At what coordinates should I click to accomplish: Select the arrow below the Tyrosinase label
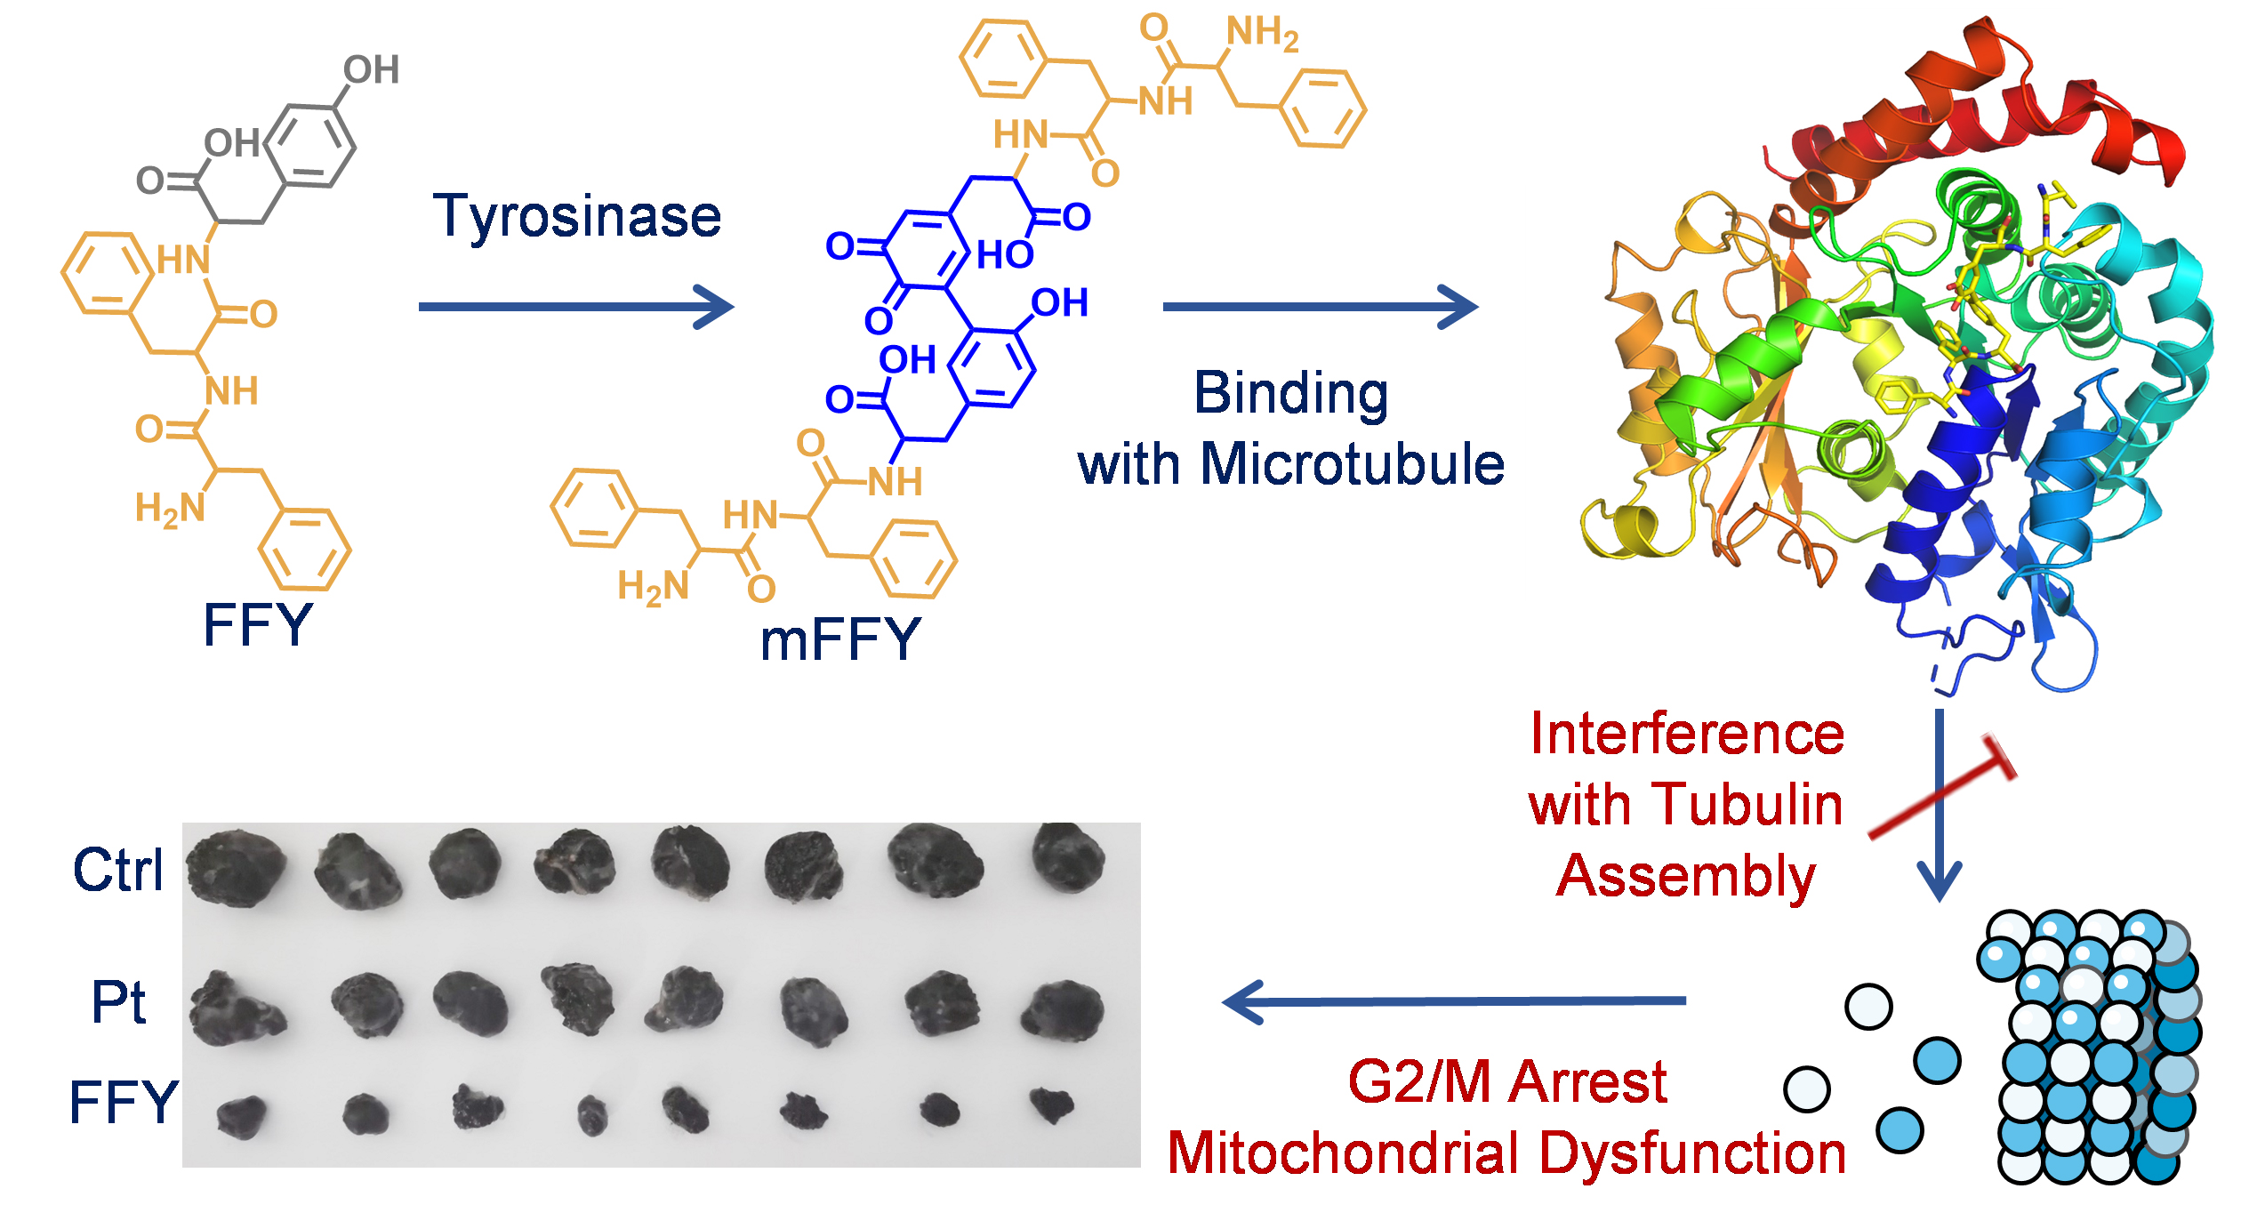[575, 307]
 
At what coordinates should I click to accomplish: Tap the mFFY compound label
[839, 639]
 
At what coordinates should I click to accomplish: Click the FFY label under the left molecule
[257, 624]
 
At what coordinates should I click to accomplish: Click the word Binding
[1290, 393]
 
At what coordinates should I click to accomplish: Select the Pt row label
[118, 1002]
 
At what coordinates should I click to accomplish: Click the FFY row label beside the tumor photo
[124, 1103]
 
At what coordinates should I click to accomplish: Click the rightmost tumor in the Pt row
[1063, 1009]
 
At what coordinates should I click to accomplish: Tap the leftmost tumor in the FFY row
[242, 1116]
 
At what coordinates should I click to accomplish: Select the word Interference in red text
[1687, 735]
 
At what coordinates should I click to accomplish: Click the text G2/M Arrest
[1506, 1082]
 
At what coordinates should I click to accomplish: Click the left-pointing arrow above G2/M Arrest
[1454, 1001]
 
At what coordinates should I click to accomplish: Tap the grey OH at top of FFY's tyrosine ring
[371, 70]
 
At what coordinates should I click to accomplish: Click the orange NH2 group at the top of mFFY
[1262, 33]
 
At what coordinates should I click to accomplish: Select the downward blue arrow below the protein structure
[1939, 805]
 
